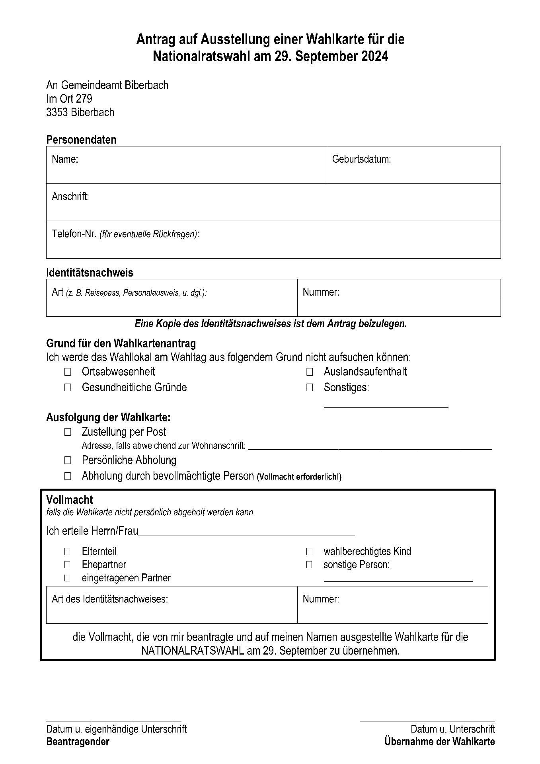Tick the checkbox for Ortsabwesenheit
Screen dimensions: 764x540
click(68, 372)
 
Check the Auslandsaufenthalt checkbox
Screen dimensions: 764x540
click(310, 372)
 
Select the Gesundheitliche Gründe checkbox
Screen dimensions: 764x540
click(68, 388)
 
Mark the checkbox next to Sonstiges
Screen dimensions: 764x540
click(310, 388)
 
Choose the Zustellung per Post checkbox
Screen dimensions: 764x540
click(68, 432)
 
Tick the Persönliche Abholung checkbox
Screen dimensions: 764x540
click(68, 460)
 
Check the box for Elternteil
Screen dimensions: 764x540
click(67, 552)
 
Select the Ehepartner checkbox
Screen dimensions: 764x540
click(67, 565)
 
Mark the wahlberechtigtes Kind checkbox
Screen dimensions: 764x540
click(309, 552)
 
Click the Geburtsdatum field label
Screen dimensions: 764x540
click(361, 160)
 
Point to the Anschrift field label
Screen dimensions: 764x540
click(70, 197)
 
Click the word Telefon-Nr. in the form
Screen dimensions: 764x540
click(74, 234)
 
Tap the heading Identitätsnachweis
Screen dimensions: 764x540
click(90, 273)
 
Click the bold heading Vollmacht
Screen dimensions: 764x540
click(70, 500)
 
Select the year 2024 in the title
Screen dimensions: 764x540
click(374, 57)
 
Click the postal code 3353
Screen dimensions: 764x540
click(57, 113)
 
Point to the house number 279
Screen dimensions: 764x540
click(84, 99)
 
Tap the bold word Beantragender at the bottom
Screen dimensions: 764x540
click(78, 742)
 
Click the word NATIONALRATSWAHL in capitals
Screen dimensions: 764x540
click(193, 651)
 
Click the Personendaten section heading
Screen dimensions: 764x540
click(81, 140)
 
